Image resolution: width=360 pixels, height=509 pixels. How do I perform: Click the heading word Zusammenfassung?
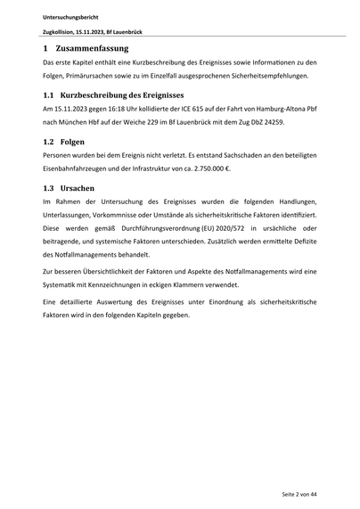click(x=92, y=48)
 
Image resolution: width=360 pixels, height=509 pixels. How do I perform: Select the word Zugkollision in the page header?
click(x=60, y=31)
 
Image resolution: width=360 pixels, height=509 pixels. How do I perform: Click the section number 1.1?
click(x=49, y=94)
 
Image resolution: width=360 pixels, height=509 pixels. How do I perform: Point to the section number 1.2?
click(x=49, y=142)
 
